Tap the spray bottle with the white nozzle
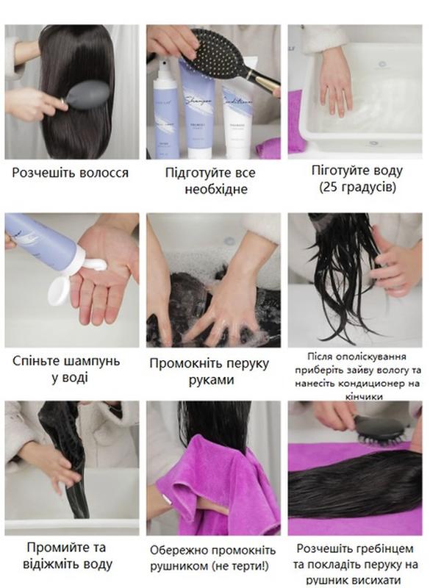(x=165, y=107)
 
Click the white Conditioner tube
(x=237, y=120)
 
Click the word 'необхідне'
(x=216, y=189)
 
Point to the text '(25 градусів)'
(x=358, y=187)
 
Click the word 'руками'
(x=211, y=380)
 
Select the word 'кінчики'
(x=364, y=397)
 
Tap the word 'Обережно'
(x=179, y=551)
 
